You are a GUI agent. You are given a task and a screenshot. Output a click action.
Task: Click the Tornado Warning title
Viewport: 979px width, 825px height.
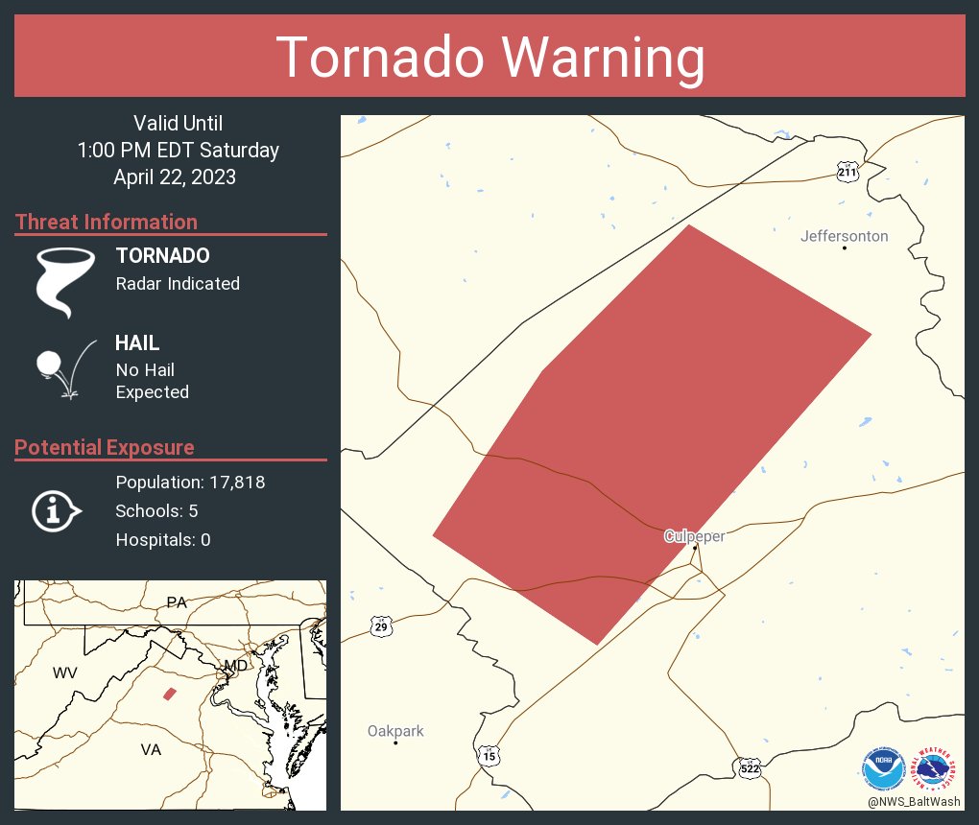489,57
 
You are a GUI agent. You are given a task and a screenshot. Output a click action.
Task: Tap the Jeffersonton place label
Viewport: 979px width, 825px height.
845,236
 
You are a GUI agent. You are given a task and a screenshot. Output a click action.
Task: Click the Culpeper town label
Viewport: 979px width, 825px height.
694,536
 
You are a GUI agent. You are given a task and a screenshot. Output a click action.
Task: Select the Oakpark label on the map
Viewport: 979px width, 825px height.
395,731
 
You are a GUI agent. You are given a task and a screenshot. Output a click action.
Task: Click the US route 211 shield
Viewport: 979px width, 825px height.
846,172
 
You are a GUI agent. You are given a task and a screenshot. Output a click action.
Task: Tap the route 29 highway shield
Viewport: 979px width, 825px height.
381,626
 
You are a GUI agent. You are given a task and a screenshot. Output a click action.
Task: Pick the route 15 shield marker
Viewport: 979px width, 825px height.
489,757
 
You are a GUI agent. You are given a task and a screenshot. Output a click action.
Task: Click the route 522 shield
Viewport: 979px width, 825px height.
750,767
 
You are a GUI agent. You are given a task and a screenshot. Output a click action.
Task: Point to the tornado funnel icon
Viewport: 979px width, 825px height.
65,281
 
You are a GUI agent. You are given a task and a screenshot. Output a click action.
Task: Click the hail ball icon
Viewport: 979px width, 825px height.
48,364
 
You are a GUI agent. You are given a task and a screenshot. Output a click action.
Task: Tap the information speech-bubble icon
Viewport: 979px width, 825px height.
56,511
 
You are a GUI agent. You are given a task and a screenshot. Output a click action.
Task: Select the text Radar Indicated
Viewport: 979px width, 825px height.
178,284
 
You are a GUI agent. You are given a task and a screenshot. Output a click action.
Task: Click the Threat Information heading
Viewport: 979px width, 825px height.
107,222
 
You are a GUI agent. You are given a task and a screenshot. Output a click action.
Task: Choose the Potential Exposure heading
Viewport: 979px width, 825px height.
105,447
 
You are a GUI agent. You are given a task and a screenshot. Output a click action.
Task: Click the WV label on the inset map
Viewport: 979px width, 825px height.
64,673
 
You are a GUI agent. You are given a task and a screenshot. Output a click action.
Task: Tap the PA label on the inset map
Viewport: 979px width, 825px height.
176,602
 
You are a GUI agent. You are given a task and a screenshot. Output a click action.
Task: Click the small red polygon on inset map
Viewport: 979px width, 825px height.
170,694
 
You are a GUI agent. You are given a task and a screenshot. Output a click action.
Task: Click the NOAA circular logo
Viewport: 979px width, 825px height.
883,767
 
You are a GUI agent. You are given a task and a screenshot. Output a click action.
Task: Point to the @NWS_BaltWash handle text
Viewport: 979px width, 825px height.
915,800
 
